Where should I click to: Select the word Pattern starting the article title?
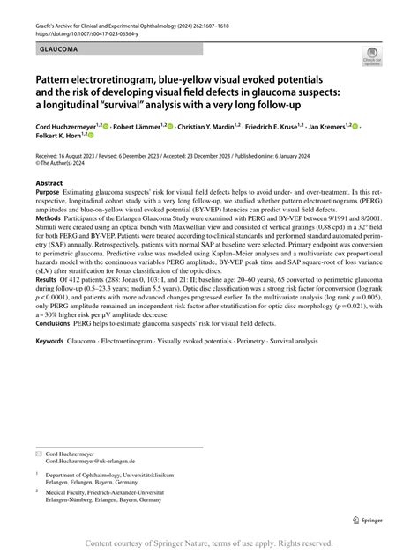(56, 78)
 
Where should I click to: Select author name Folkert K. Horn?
(60, 137)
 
